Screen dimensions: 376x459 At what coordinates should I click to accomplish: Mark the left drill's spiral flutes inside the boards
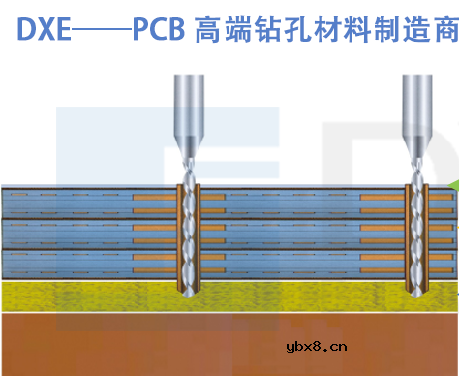click(187, 228)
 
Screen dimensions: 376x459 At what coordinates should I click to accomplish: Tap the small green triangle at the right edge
click(454, 183)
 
